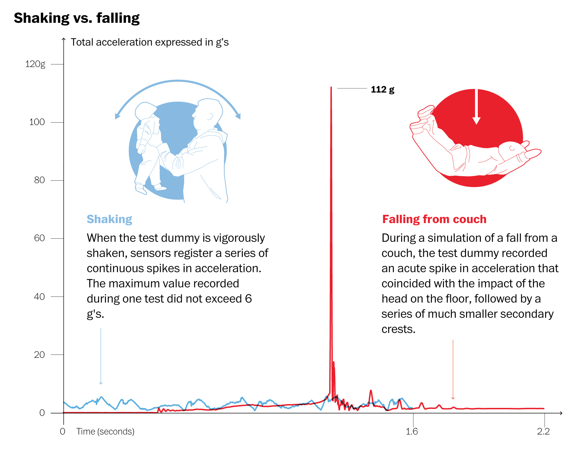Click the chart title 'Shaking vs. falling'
[77, 18]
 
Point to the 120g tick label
[35, 64]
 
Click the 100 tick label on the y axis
[37, 122]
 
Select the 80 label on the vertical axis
[39, 180]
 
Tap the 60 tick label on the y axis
[39, 238]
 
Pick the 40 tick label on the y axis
[39, 296]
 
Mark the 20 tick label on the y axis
[39, 355]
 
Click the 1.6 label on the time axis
[412, 431]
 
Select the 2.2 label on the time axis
[543, 431]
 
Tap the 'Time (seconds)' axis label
[105, 431]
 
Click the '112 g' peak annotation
[382, 89]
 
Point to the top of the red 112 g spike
[331, 88]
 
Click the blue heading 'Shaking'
[109, 219]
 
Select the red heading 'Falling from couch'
[434, 219]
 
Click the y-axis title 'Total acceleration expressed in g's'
[150, 42]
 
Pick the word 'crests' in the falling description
[397, 329]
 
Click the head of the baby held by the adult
[145, 111]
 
